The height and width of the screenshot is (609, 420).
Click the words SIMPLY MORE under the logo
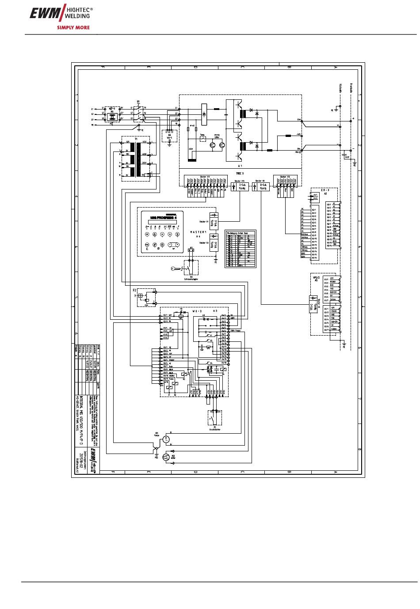click(73, 27)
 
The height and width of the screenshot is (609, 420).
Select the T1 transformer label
click(136, 139)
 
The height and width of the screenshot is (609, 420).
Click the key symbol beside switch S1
click(175, 269)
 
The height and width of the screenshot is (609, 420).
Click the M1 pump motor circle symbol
click(165, 439)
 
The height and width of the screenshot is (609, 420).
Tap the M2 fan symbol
click(166, 457)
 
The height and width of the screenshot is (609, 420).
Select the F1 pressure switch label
click(214, 428)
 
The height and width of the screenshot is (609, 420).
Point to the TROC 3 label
click(240, 173)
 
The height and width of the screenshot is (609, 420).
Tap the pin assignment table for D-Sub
click(241, 250)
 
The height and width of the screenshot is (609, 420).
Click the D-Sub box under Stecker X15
click(242, 187)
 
